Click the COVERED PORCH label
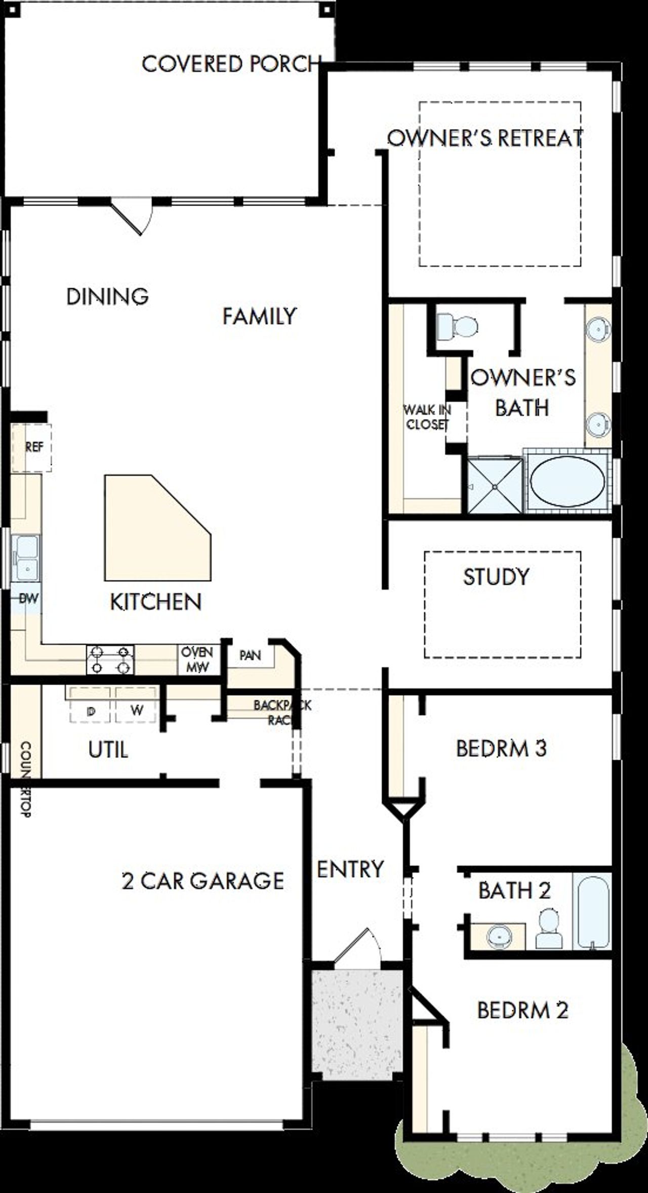pos(231,64)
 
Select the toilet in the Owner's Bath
pos(458,326)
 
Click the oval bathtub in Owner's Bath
pos(566,481)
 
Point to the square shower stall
pos(495,485)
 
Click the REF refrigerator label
pos(34,447)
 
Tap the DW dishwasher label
pos(28,599)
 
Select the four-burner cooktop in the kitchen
pos(110,660)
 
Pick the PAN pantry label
pos(250,656)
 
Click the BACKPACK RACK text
pos(281,712)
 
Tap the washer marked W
pos(136,710)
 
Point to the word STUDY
pos(496,577)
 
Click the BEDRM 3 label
pos(501,748)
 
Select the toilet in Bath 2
pos(549,929)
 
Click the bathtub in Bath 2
pos(592,911)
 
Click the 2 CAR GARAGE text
pos(202,881)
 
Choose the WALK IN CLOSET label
pos(427,417)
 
